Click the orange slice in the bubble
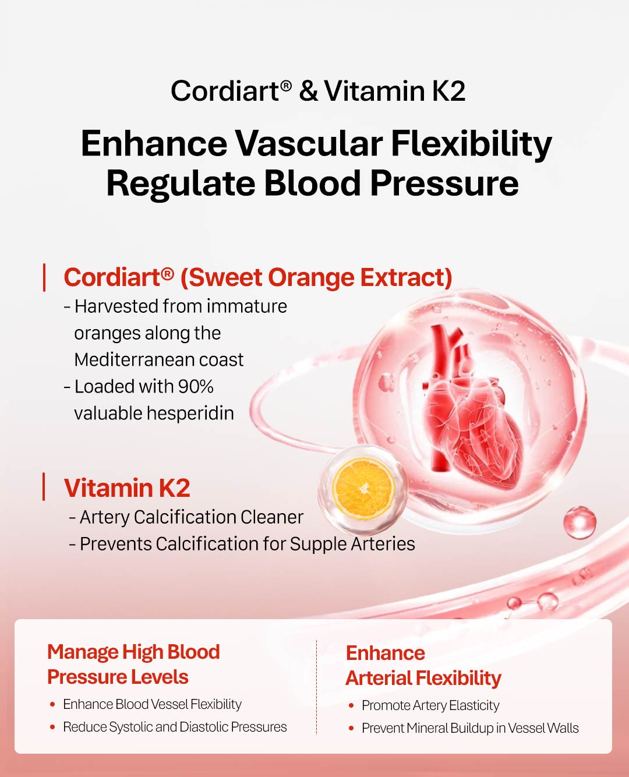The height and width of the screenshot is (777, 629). click(x=364, y=489)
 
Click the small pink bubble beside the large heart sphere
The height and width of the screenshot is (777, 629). click(x=579, y=522)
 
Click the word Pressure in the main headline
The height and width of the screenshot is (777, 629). click(x=444, y=183)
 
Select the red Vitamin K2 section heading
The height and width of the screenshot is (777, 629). click(x=127, y=488)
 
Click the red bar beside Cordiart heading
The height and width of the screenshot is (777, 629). click(x=44, y=278)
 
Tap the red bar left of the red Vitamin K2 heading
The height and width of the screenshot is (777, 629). click(x=44, y=486)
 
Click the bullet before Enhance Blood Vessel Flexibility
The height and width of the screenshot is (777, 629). click(x=52, y=704)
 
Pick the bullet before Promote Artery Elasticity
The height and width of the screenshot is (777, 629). click(x=351, y=705)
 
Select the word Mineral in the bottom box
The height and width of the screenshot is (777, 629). click(x=427, y=727)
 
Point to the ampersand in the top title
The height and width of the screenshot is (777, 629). click(x=309, y=91)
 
